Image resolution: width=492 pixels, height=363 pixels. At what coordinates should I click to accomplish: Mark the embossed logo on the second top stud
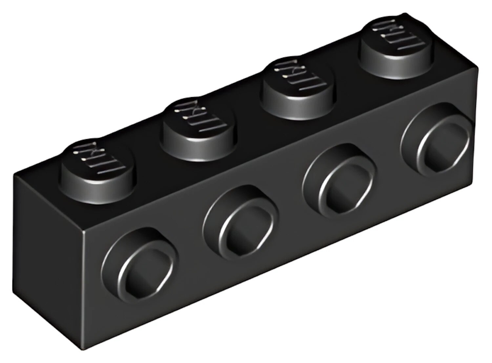199,117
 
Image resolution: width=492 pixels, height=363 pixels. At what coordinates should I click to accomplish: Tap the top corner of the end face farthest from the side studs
14,175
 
